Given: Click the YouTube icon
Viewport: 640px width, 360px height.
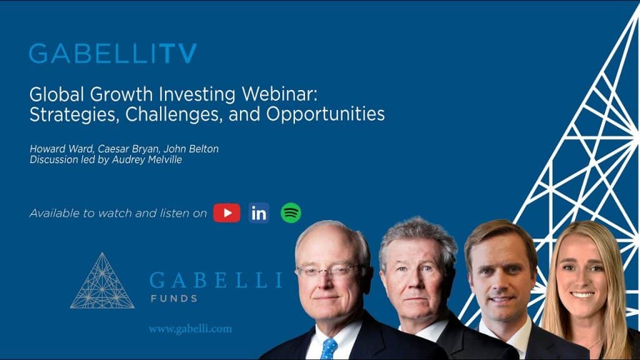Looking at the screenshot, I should coord(226,213).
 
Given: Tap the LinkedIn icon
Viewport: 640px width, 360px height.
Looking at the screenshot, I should coord(258,213).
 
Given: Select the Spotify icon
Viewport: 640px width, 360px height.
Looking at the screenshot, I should coord(291,213).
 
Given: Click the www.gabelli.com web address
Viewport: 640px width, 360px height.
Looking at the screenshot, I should coord(190,329).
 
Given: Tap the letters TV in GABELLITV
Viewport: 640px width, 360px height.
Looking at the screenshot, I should coord(176,54).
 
